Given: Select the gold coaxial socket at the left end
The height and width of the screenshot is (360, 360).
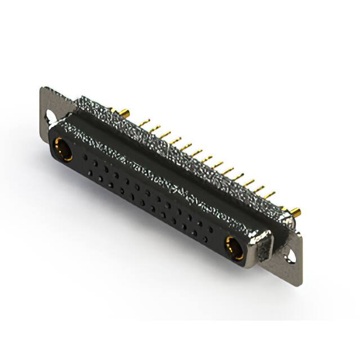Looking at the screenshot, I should tap(61, 150).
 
